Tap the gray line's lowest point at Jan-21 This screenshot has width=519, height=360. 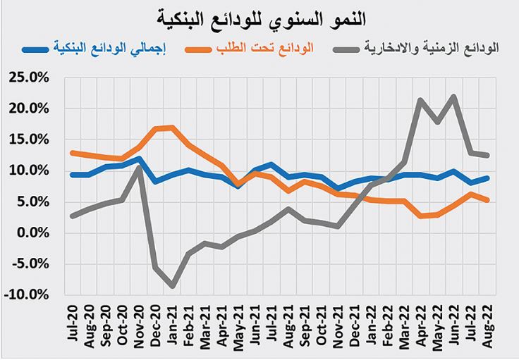[172, 285]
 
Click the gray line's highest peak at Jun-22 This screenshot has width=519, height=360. [453, 97]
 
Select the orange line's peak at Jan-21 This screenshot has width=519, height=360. [172, 128]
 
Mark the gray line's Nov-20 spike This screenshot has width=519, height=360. [140, 167]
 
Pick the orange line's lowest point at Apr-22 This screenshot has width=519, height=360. [421, 216]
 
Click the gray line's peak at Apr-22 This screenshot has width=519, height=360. [421, 100]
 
